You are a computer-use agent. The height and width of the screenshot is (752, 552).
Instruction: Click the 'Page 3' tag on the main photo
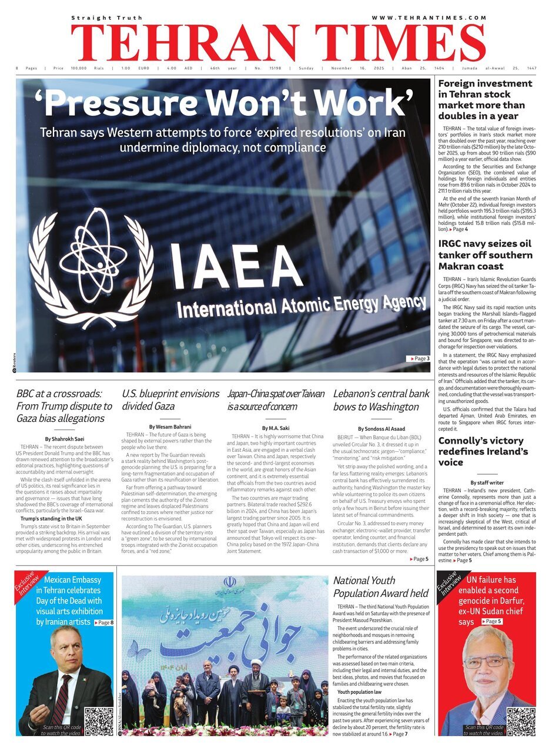[419, 358]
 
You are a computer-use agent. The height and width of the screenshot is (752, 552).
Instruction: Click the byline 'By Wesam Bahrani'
[170, 427]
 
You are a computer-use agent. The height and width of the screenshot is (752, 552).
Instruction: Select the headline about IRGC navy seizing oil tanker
[486, 255]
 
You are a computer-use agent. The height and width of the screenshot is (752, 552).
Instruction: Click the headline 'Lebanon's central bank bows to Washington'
[381, 400]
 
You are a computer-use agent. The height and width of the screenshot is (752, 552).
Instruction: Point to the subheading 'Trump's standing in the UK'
[51, 519]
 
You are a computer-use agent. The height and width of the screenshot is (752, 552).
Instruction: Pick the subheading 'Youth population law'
[359, 692]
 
